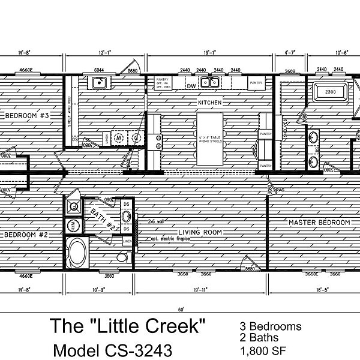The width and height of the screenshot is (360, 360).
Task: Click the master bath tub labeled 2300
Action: coord(329,93)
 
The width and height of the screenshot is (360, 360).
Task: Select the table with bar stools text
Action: coord(206,140)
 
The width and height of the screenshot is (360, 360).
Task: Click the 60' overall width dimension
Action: coord(179,310)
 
